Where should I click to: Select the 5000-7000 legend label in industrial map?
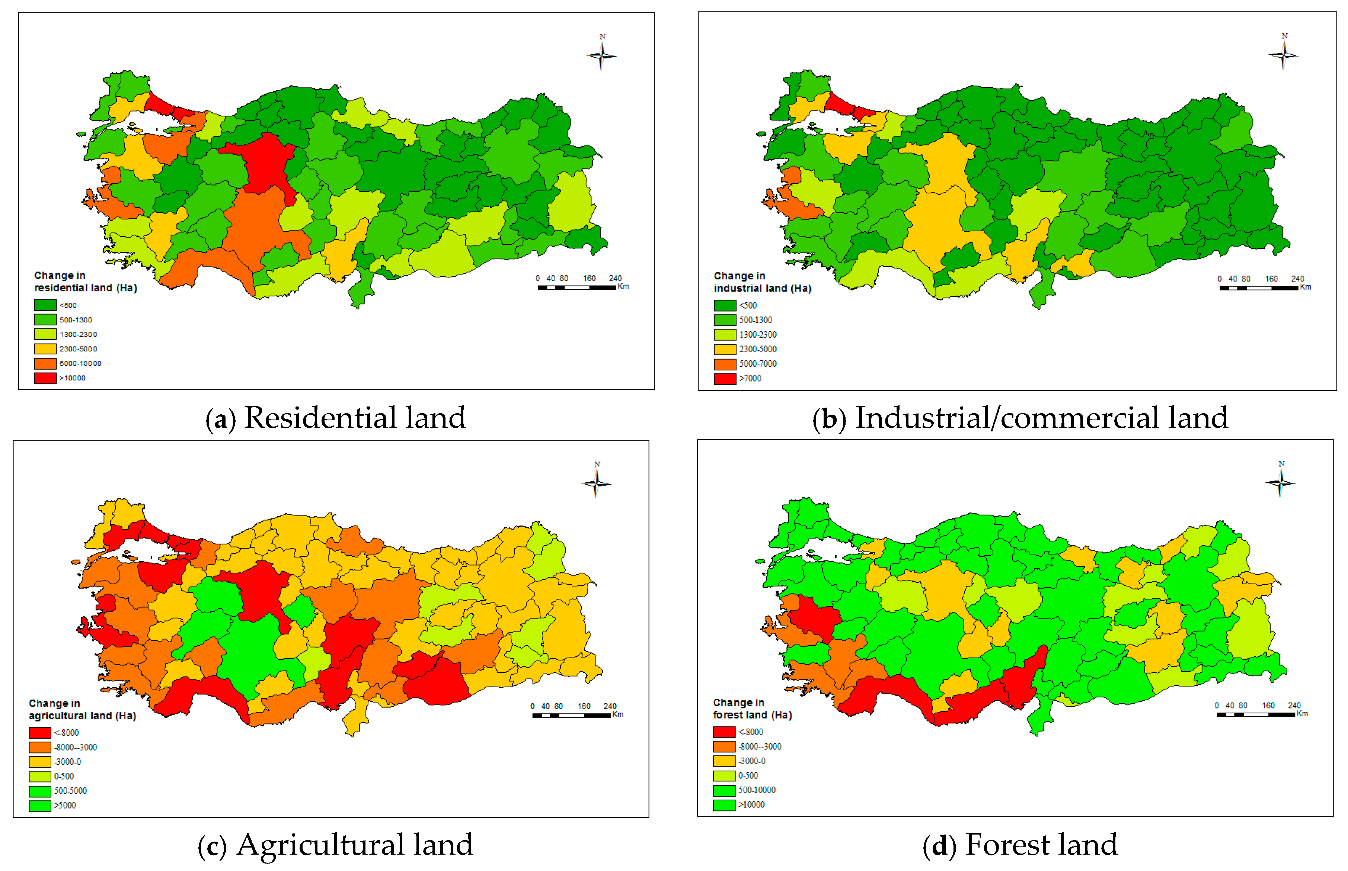[757, 364]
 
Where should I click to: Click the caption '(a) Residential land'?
[335, 418]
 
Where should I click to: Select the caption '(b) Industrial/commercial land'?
[1019, 418]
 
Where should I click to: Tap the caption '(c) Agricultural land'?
[335, 845]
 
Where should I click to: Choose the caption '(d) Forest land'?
[1019, 845]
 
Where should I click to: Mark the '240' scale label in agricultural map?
[610, 706]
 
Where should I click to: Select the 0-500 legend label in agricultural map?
[64, 777]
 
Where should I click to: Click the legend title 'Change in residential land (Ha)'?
[85, 282]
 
